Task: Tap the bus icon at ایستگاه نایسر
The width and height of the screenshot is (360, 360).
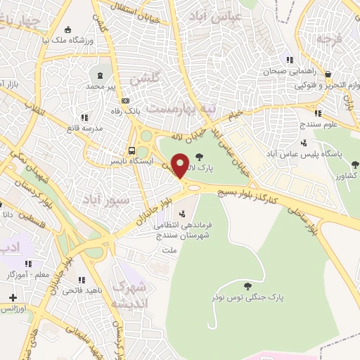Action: point(131,150)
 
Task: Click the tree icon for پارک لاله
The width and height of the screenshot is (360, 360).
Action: point(199,157)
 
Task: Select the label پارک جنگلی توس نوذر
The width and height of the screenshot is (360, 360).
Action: point(250,297)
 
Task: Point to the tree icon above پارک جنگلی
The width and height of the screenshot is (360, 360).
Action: point(247,286)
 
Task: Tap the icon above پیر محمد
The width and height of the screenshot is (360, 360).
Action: point(100,74)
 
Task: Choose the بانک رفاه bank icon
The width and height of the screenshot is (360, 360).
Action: point(125,100)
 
